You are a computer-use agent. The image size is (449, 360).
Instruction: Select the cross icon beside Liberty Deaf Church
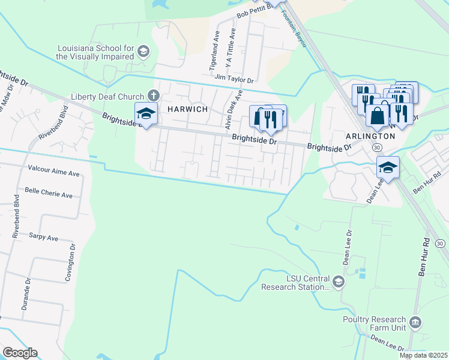(153, 96)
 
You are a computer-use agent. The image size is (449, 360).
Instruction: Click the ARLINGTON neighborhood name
(370, 136)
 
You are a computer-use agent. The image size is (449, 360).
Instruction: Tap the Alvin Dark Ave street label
(233, 110)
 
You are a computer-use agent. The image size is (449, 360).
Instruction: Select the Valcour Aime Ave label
(52, 173)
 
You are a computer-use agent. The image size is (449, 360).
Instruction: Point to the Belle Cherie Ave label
(48, 195)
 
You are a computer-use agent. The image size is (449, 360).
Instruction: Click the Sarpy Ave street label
(43, 238)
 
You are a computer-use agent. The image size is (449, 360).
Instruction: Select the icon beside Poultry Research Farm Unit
(415, 324)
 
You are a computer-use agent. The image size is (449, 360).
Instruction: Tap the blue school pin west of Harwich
(146, 113)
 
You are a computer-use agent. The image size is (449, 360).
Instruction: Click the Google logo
(20, 353)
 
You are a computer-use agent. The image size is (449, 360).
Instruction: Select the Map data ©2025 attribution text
(423, 355)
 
